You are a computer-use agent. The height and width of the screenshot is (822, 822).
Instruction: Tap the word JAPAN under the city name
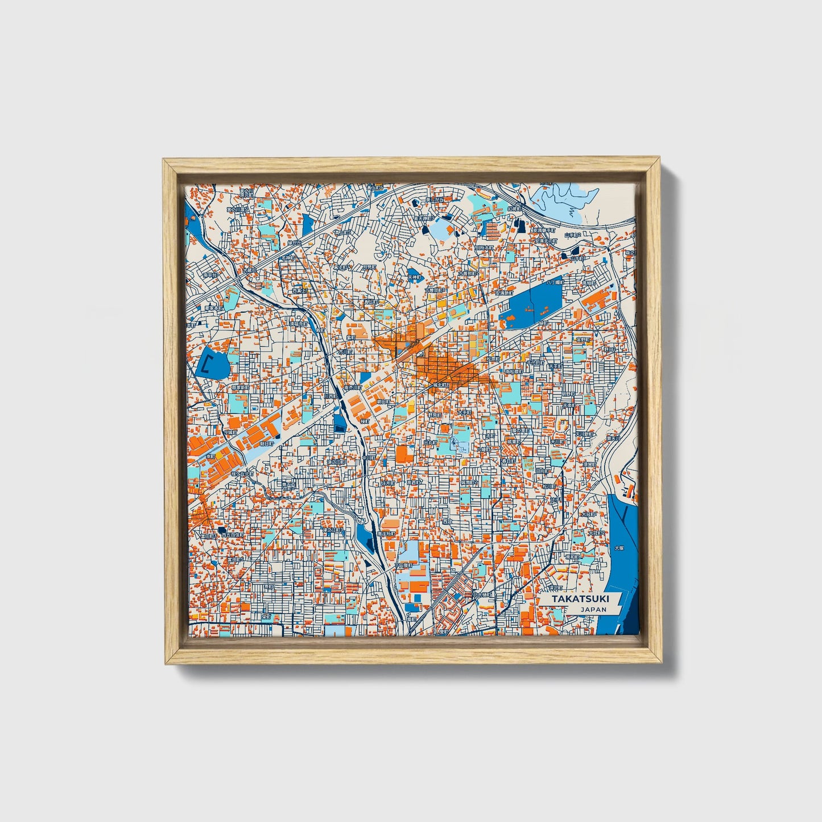(x=593, y=609)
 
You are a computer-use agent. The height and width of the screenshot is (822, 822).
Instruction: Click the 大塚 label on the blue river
(x=618, y=548)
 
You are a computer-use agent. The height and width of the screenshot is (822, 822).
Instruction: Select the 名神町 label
(x=288, y=258)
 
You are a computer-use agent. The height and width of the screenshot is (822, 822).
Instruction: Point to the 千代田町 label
(x=536, y=362)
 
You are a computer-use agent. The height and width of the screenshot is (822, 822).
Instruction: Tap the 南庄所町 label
(x=386, y=534)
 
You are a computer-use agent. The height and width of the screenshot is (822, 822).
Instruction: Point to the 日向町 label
(x=542, y=471)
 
